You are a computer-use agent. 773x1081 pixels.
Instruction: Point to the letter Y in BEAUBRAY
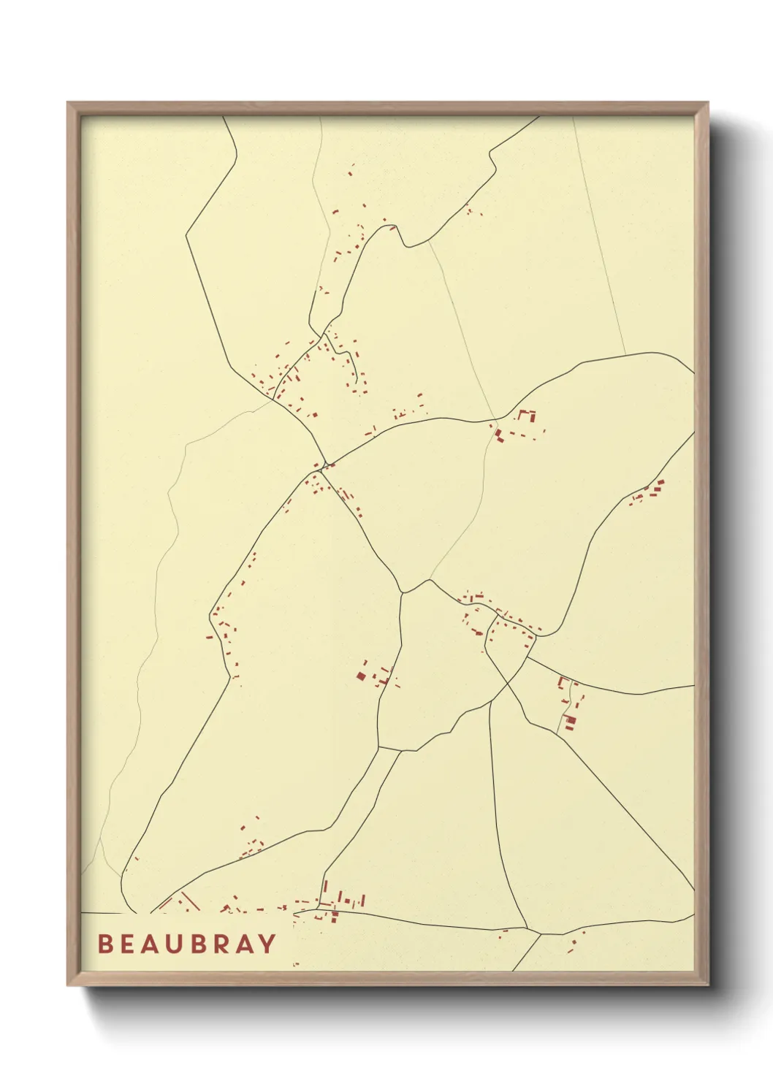(268, 944)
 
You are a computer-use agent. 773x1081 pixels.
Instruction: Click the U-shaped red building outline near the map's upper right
(527, 416)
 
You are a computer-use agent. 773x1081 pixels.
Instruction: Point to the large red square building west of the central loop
(361, 676)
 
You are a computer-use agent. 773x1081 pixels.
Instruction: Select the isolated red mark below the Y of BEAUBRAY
(296, 965)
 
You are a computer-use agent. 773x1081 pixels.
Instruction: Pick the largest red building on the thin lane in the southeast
(571, 721)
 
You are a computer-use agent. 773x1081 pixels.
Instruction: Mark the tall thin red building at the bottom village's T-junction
(325, 890)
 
